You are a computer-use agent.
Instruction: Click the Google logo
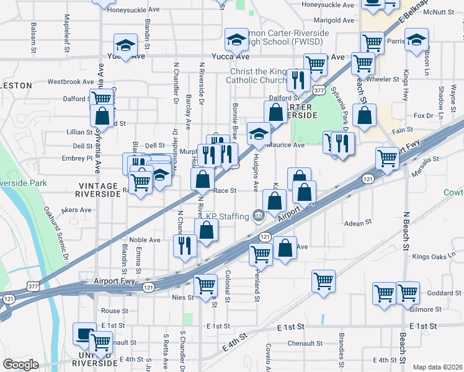click(x=20, y=365)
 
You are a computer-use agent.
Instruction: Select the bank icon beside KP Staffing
click(x=259, y=216)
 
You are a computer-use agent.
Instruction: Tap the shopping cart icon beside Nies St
click(x=205, y=286)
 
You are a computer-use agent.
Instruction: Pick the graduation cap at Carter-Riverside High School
click(x=236, y=40)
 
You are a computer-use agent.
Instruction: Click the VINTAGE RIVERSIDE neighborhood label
click(x=98, y=190)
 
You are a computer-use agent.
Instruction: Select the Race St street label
click(x=225, y=191)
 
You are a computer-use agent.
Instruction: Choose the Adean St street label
click(x=357, y=222)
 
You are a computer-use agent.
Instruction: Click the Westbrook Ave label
click(x=69, y=81)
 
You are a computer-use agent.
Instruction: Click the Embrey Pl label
click(x=81, y=158)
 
